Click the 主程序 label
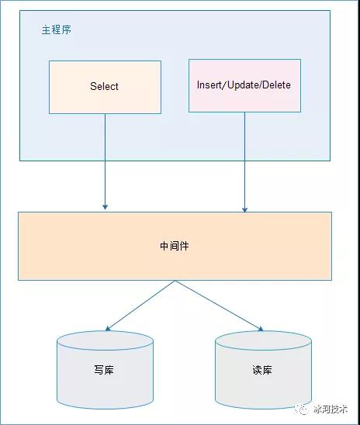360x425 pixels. (x=57, y=29)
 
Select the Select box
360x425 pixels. (x=106, y=87)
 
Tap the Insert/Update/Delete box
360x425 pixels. (x=245, y=85)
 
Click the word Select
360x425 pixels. (x=104, y=86)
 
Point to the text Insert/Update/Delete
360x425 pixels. (x=244, y=85)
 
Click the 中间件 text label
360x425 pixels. (x=175, y=246)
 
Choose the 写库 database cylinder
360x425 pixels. (x=106, y=370)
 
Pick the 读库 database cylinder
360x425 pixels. (x=263, y=370)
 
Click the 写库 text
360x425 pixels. (x=104, y=370)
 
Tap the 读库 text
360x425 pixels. (x=262, y=370)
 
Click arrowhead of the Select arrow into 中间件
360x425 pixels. (x=106, y=207)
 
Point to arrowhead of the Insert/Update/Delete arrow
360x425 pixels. (x=245, y=209)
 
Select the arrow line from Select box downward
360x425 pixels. (x=106, y=161)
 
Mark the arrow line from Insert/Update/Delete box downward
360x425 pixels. (x=245, y=162)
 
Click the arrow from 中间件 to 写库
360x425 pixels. (x=140, y=306)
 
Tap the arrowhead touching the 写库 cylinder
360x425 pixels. (x=108, y=329)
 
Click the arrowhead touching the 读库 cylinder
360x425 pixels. (x=261, y=329)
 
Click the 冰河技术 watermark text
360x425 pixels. (x=331, y=409)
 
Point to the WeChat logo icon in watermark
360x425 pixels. (x=303, y=409)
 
